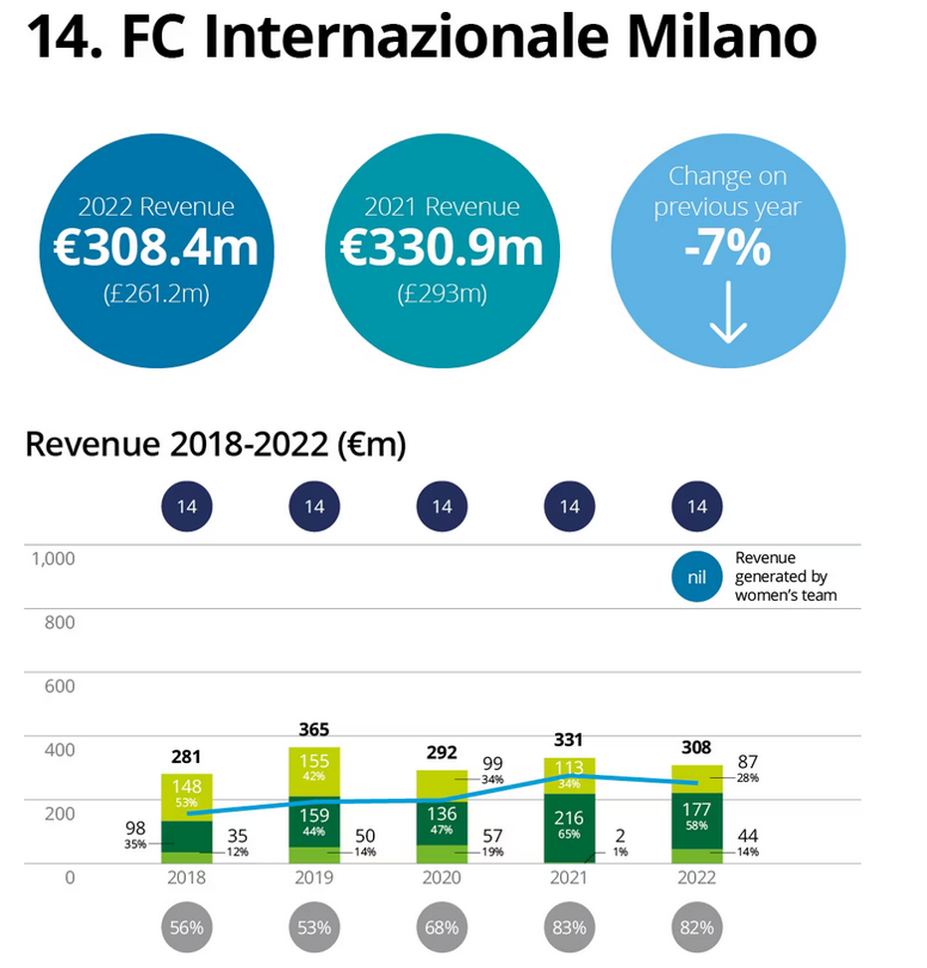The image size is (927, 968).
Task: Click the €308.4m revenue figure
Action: click(156, 248)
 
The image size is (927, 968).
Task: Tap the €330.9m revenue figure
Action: click(442, 248)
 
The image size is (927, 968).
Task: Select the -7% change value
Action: click(727, 250)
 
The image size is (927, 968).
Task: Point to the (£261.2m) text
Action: click(156, 294)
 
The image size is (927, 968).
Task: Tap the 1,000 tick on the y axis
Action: click(54, 558)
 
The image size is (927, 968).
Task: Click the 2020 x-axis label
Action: click(441, 878)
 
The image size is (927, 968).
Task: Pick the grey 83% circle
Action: click(569, 927)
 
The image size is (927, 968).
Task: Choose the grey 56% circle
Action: click(187, 927)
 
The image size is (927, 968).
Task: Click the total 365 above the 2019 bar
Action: click(314, 730)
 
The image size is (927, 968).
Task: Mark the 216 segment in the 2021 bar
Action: click(569, 818)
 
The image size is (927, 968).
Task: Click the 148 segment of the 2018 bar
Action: click(187, 787)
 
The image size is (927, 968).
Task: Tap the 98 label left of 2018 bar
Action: click(135, 828)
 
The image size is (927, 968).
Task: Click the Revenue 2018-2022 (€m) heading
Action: click(216, 445)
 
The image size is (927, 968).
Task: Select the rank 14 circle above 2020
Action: click(442, 506)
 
